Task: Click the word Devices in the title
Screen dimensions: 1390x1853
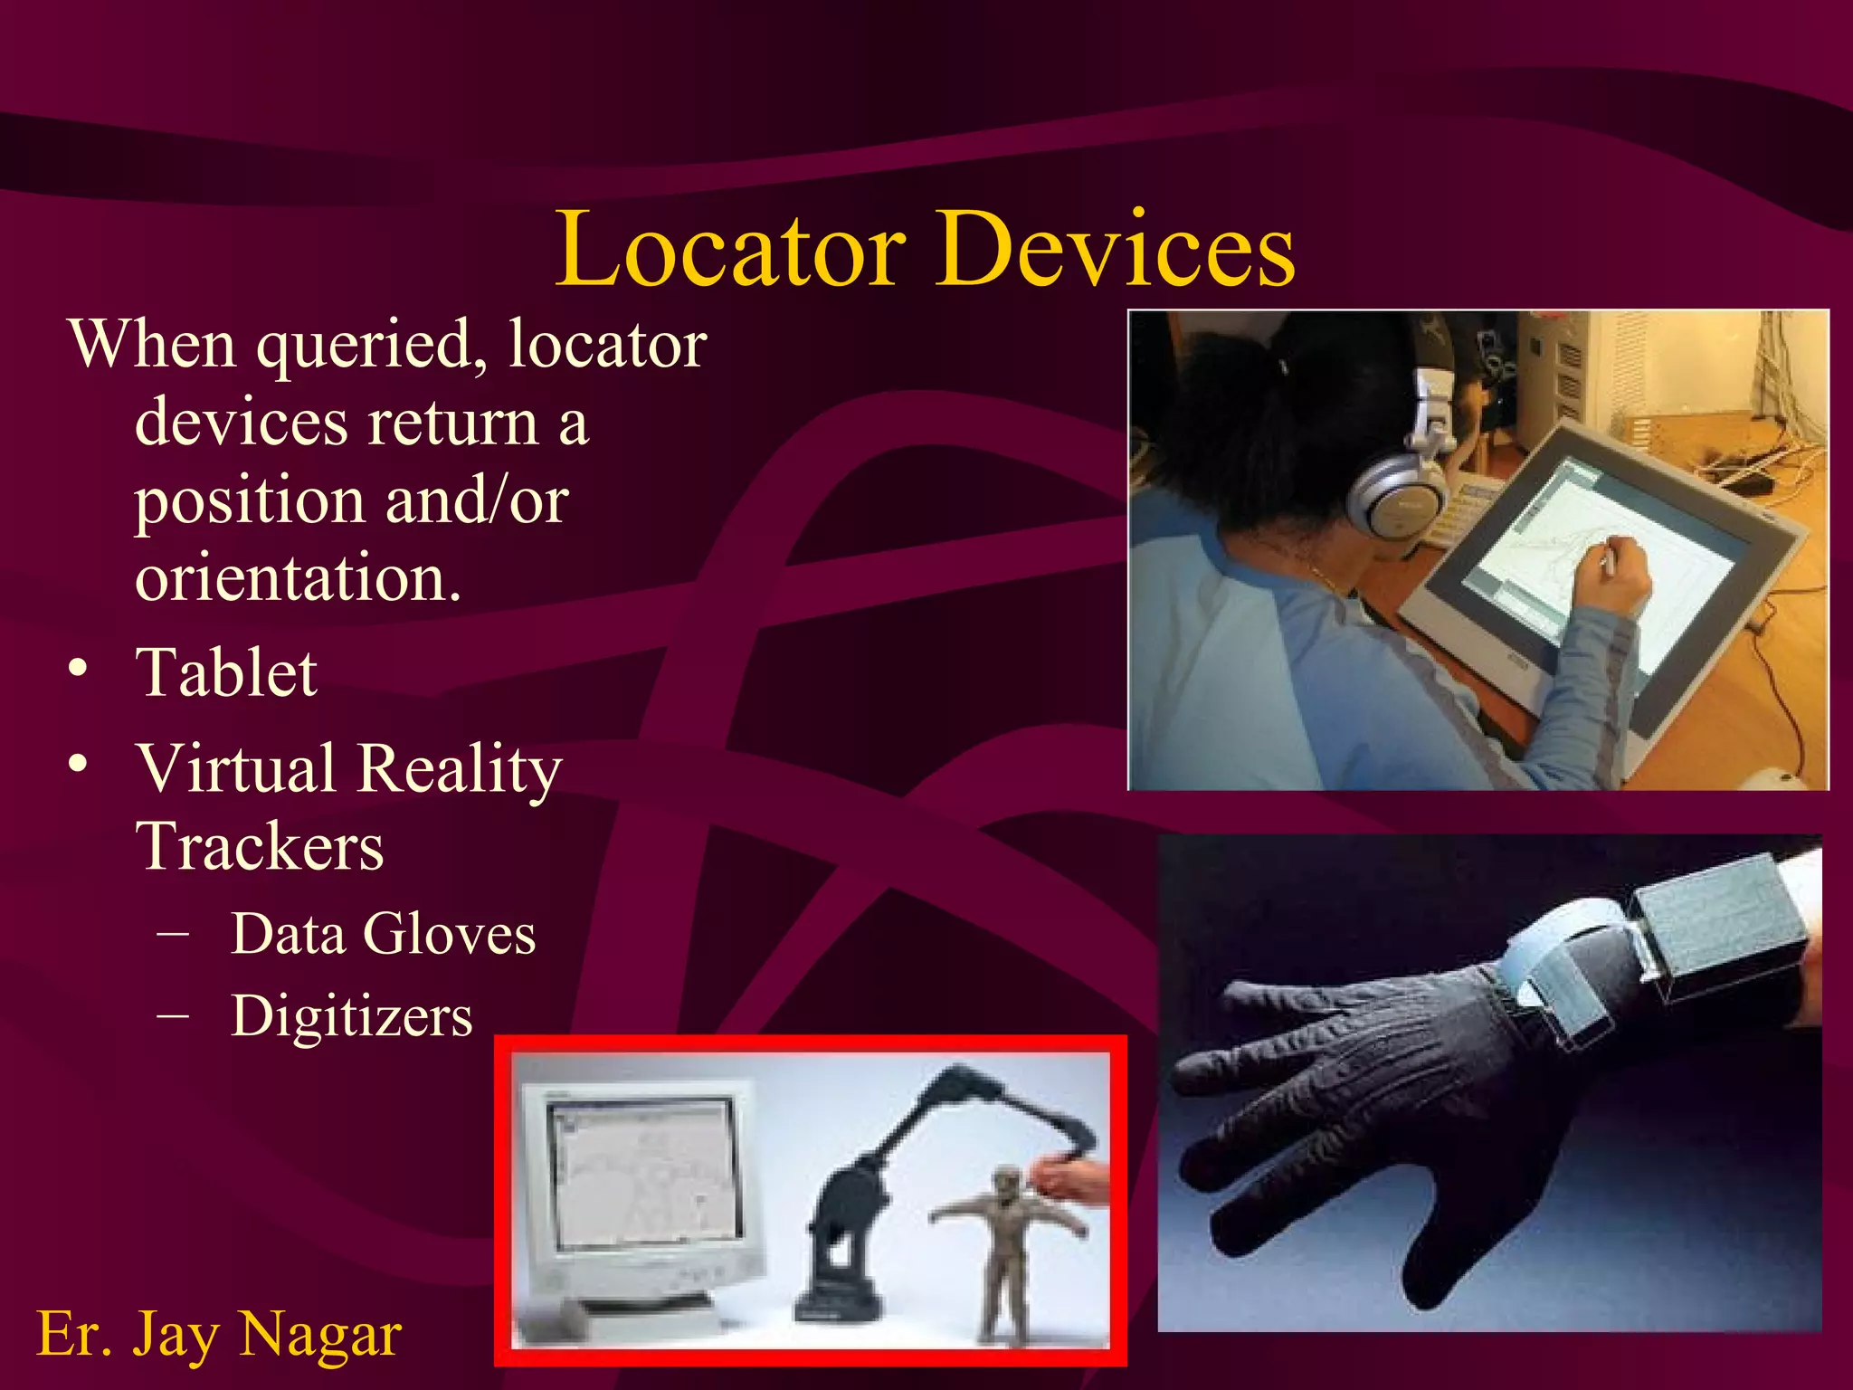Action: coord(1115,250)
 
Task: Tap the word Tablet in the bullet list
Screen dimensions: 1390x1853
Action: coord(226,673)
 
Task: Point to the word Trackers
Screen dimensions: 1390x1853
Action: coord(261,847)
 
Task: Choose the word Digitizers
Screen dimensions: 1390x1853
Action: coord(351,1015)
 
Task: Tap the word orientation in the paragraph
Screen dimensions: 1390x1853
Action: coord(297,577)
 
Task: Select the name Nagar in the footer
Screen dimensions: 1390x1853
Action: coord(320,1334)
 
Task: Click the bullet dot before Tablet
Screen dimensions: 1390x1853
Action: coord(79,671)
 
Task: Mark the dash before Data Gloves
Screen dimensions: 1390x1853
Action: coord(172,933)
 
